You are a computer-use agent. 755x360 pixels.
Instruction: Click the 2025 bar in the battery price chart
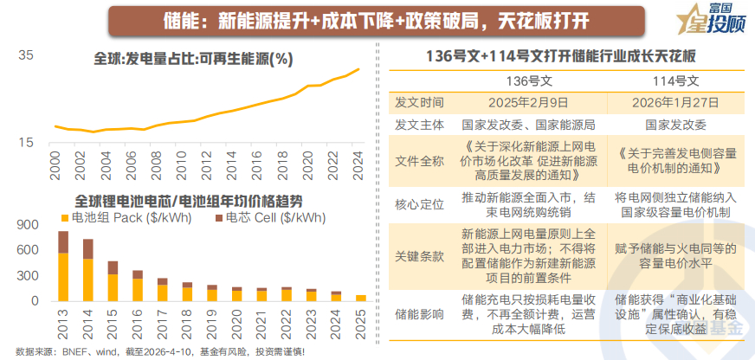[x=361, y=298]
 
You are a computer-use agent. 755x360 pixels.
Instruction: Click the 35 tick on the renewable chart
[x=26, y=56]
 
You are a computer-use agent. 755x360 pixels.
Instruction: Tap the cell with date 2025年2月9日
[x=529, y=102]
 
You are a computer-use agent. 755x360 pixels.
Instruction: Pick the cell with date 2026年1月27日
[x=676, y=102]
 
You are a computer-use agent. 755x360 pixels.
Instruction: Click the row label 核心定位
[x=419, y=204]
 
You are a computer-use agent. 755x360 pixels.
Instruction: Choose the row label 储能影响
[x=419, y=312]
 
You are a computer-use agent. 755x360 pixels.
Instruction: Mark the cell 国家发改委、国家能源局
[x=529, y=124]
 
